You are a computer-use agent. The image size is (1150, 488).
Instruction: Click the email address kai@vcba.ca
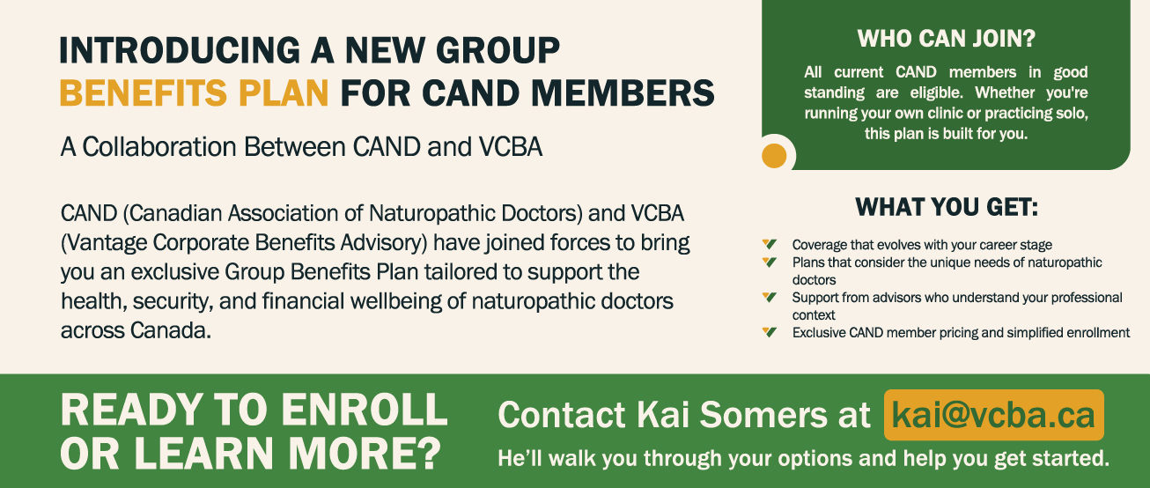point(993,415)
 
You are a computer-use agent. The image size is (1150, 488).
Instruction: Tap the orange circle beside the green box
point(774,156)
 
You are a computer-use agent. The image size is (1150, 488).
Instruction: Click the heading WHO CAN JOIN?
point(947,39)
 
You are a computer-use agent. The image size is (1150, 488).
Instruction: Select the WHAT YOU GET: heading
point(947,207)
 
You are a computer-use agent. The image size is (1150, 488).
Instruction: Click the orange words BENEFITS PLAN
point(194,93)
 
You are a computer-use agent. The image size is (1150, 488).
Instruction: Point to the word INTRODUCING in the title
point(180,50)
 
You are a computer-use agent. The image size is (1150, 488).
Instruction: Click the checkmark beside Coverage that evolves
point(769,244)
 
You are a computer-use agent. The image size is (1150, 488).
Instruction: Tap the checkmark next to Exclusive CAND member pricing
point(769,332)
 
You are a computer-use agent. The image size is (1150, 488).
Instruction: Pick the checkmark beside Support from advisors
point(769,297)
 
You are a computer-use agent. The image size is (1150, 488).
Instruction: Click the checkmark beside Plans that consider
point(769,262)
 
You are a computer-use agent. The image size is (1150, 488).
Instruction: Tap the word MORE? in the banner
point(365,454)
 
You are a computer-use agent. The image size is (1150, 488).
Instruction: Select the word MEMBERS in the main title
point(623,93)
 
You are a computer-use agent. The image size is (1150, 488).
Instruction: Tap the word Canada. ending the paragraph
point(171,330)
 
